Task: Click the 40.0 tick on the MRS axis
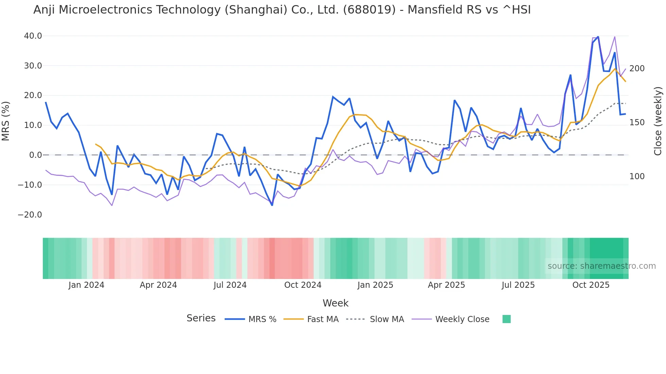[33, 36]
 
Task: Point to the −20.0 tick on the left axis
[30, 215]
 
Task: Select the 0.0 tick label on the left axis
[35, 155]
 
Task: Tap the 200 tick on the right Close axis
[637, 69]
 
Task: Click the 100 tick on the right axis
[637, 176]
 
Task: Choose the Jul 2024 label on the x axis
[230, 285]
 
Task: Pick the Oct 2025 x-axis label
[591, 285]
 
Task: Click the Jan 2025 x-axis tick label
[375, 285]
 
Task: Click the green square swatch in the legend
[506, 319]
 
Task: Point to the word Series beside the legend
[201, 318]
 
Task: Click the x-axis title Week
[335, 303]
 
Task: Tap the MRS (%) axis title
[6, 121]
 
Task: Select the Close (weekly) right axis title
[658, 121]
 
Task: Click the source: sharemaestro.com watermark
[601, 266]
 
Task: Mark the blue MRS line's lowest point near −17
[272, 205]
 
